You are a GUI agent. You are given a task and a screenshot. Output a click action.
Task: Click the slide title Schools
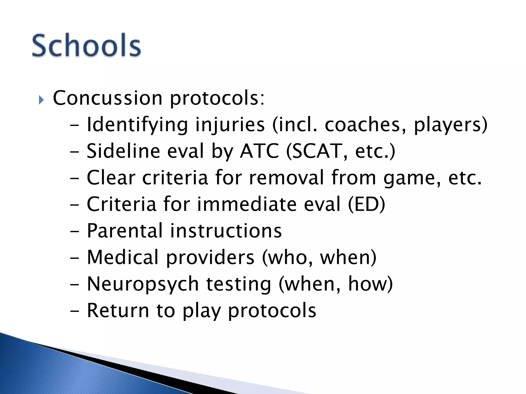(87, 46)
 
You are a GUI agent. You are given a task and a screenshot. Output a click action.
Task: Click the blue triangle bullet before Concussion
(41, 100)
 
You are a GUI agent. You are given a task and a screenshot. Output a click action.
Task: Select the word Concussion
(108, 98)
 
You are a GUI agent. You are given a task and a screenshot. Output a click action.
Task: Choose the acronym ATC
(259, 151)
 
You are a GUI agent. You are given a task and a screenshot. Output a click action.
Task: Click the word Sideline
(123, 151)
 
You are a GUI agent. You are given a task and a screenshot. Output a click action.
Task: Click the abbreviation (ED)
(367, 204)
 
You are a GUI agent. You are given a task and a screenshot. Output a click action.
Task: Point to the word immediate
(246, 204)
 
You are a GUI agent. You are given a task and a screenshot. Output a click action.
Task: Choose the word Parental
(125, 231)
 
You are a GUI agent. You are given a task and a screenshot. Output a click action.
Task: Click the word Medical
(123, 257)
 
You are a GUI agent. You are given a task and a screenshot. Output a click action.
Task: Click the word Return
(118, 311)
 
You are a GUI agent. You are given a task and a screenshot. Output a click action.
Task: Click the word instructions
(226, 231)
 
